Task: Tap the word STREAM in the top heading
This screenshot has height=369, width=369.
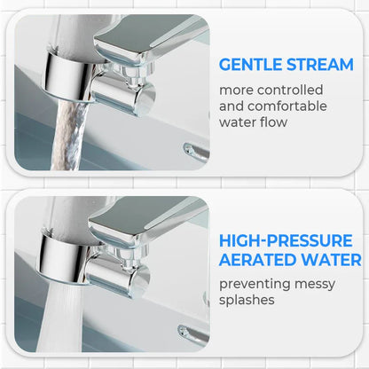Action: (x=320, y=65)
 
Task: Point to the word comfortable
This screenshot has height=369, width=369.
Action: (x=287, y=106)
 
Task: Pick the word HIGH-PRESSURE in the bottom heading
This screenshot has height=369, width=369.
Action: (x=286, y=240)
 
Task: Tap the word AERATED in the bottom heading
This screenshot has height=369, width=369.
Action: (x=257, y=260)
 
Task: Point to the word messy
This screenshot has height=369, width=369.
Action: (x=315, y=285)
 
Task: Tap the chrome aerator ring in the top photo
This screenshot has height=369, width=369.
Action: (x=67, y=77)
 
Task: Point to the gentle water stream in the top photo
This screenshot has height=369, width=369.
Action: (x=70, y=136)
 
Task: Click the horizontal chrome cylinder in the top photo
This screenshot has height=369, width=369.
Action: (x=122, y=94)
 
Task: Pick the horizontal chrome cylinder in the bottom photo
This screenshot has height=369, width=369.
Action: (x=117, y=277)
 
